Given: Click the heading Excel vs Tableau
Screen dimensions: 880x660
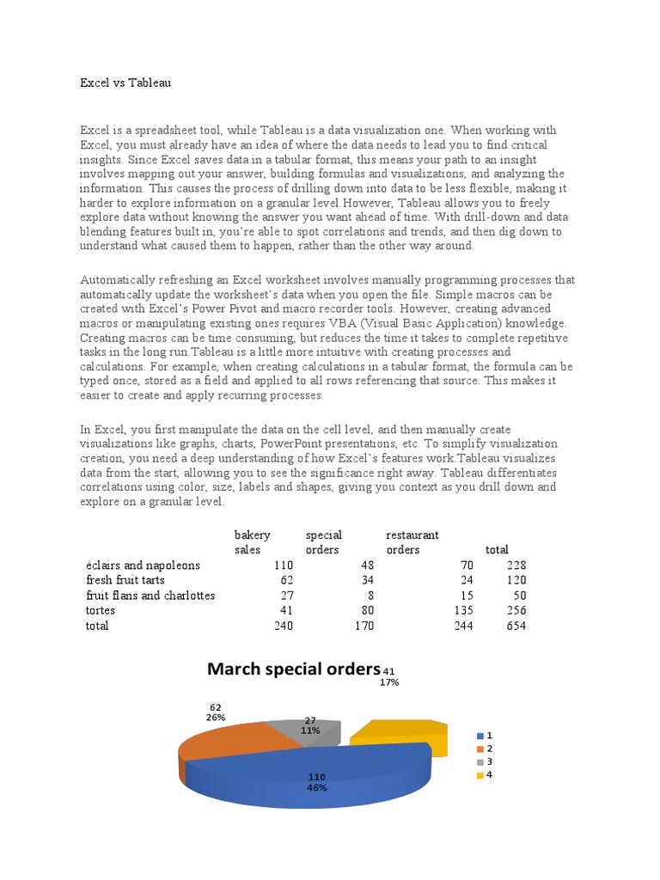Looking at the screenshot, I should click(x=125, y=83).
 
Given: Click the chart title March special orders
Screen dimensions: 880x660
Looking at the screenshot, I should click(x=292, y=669).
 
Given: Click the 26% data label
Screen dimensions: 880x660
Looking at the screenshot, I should click(x=216, y=716).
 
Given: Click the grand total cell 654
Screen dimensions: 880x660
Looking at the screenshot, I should click(x=516, y=626).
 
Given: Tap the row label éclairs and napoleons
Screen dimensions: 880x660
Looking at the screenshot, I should click(x=143, y=565).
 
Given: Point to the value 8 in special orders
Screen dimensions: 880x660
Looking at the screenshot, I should click(x=370, y=596).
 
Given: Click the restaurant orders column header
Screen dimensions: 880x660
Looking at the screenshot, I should click(x=412, y=542).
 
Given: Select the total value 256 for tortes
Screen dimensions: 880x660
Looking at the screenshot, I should click(x=516, y=611).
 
